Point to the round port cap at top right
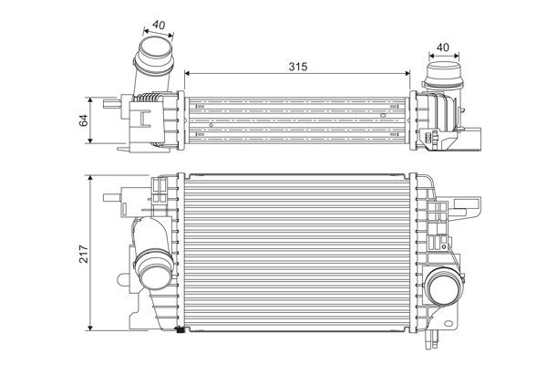pos(443,73)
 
